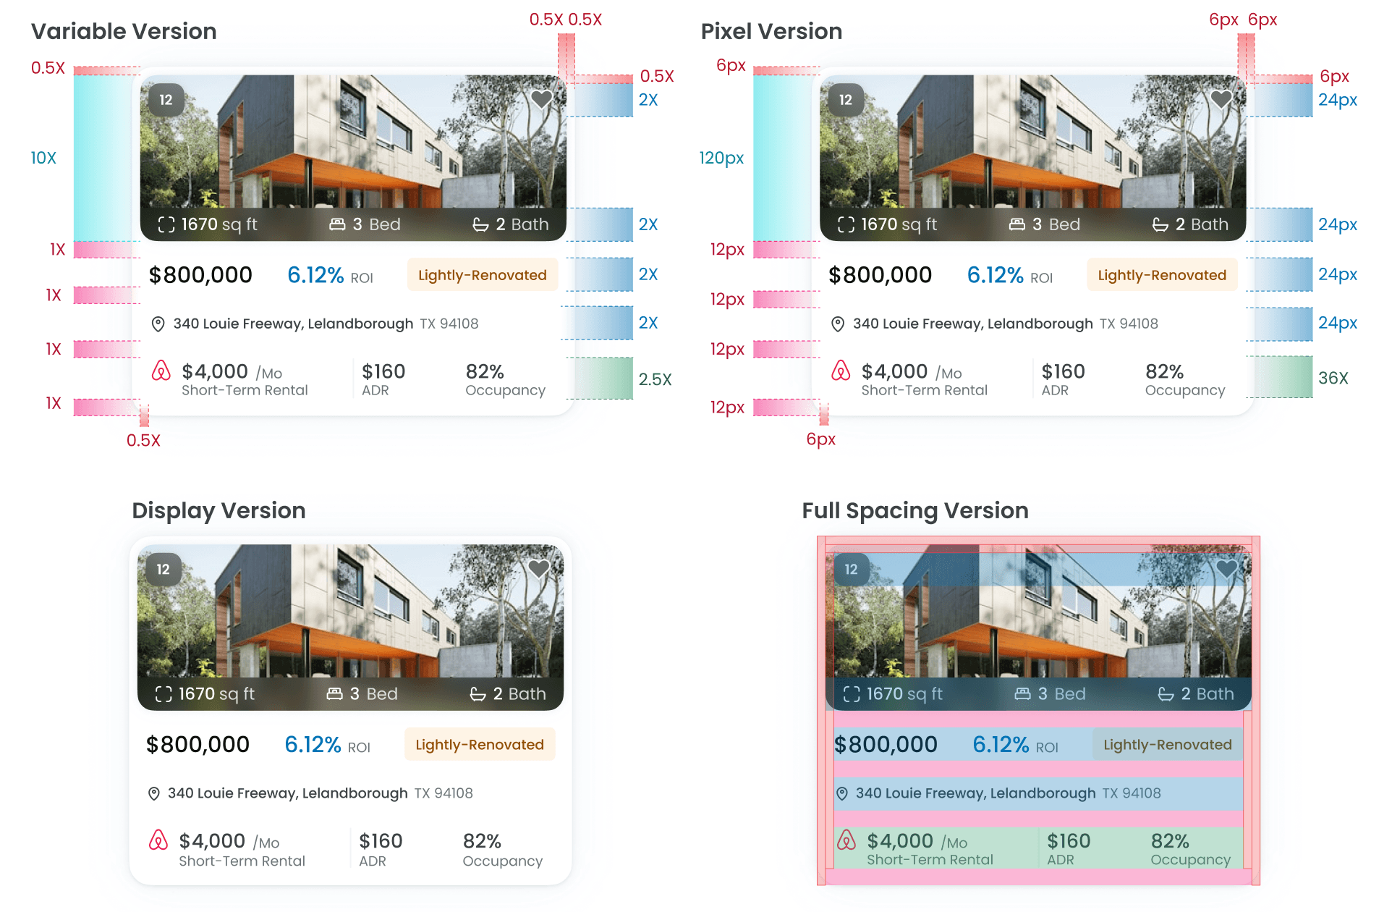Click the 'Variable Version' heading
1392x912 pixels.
point(124,31)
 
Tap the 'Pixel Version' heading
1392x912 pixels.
point(771,31)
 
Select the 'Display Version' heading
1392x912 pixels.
point(218,510)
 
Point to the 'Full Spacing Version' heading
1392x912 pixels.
point(914,510)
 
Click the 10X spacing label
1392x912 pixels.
point(43,158)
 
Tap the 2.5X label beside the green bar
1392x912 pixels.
point(655,379)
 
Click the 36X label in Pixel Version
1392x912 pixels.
point(1333,378)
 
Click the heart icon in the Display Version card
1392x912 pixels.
point(538,569)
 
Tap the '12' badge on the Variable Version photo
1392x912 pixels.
point(166,100)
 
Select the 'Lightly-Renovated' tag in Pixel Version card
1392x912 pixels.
point(1162,275)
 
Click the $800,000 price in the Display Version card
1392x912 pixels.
point(198,744)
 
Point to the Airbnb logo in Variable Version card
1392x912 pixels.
point(161,371)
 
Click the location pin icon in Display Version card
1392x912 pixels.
point(154,793)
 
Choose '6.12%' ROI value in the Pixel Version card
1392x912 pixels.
point(995,275)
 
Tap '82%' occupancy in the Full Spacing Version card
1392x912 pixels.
point(1170,841)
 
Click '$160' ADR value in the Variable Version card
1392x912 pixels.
point(383,371)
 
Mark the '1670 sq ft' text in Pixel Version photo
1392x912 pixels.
point(899,224)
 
